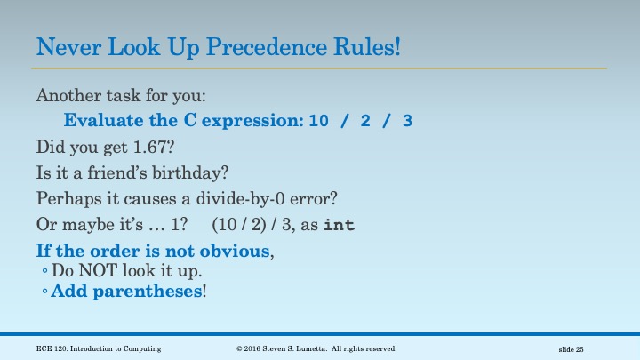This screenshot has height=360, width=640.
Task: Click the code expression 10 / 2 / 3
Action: tap(360, 121)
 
